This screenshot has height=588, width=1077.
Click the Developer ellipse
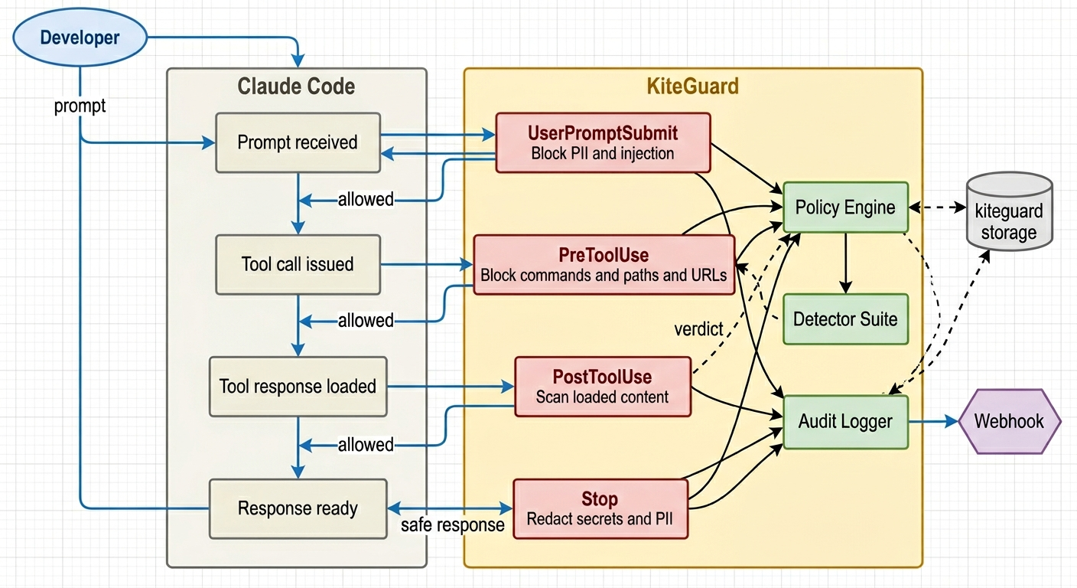tap(80, 38)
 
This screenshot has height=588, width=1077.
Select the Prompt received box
tap(298, 142)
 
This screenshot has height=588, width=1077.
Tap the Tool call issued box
tap(298, 264)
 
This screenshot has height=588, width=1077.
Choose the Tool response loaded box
tap(298, 386)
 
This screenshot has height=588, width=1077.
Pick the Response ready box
tap(298, 508)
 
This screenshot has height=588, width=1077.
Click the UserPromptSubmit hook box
tap(603, 142)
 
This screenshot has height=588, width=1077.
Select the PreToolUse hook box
tap(604, 264)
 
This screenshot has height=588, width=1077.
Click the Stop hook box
tap(600, 508)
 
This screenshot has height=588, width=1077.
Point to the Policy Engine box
tap(845, 207)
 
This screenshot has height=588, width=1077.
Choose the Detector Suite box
tap(845, 318)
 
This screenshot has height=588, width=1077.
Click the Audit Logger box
tap(845, 421)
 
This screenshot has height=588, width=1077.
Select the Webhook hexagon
tap(1009, 421)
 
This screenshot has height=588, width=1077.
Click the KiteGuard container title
tap(692, 86)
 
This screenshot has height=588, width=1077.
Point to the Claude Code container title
tap(296, 86)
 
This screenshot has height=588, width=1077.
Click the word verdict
tap(698, 329)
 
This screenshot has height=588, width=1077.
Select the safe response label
tap(453, 525)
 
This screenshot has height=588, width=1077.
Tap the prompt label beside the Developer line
tap(80, 106)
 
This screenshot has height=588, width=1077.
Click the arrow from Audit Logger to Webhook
tap(932, 421)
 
